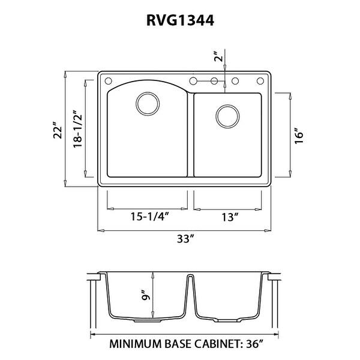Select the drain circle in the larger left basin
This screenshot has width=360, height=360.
coord(146,103)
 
